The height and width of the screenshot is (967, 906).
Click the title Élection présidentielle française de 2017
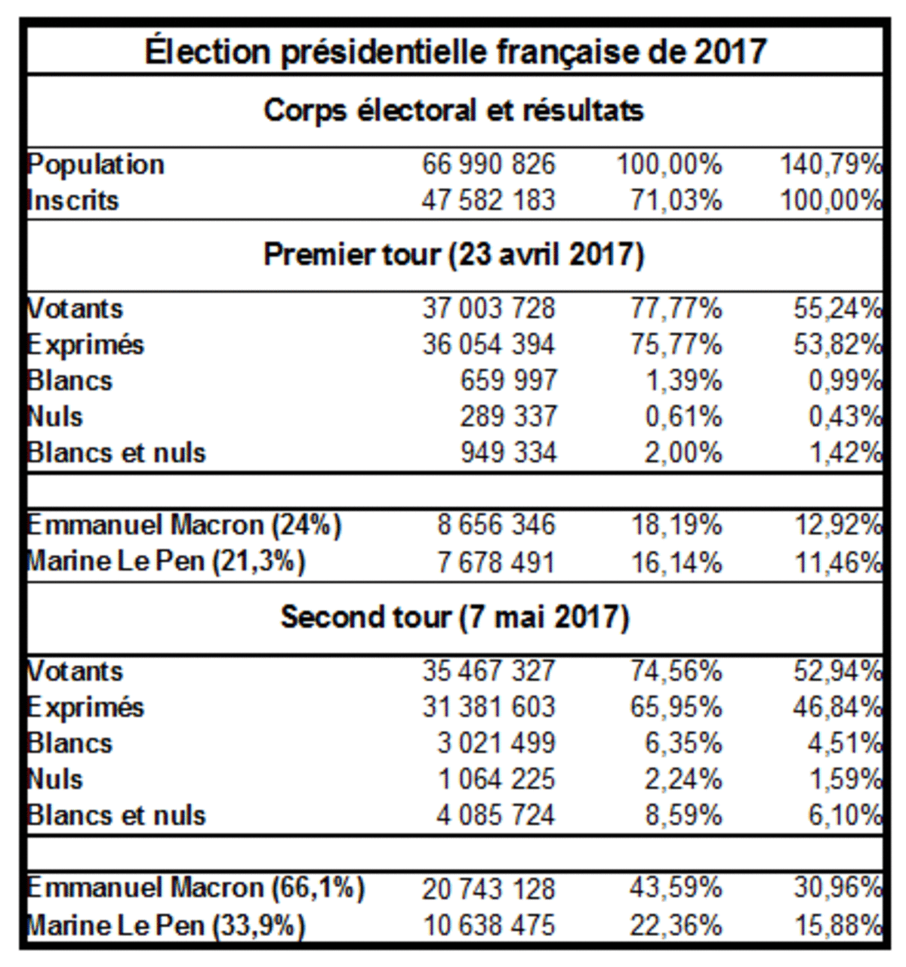click(455, 52)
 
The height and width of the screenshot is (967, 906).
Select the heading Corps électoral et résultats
click(454, 110)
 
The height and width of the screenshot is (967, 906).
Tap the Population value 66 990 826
click(488, 165)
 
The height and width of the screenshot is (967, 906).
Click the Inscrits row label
click(73, 201)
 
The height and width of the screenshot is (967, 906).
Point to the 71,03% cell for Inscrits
click(676, 201)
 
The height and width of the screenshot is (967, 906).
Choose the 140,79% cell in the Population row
click(830, 165)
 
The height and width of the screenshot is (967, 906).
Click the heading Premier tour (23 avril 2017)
click(454, 254)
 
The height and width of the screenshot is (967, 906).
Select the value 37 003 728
click(488, 309)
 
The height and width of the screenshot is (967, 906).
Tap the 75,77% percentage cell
click(676, 345)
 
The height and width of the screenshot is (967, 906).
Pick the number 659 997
click(508, 380)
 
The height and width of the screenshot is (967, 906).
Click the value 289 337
click(508, 417)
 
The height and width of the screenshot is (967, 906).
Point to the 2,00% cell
click(683, 453)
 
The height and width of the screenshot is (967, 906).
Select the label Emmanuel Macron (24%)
click(184, 525)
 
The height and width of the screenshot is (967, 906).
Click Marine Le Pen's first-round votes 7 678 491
click(496, 562)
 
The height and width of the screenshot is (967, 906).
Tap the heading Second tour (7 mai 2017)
click(455, 617)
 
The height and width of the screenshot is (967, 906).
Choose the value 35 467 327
click(488, 671)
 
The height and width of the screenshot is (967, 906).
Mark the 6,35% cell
click(683, 743)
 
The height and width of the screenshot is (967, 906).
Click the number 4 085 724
click(496, 815)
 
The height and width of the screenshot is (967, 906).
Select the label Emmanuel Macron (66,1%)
click(196, 888)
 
